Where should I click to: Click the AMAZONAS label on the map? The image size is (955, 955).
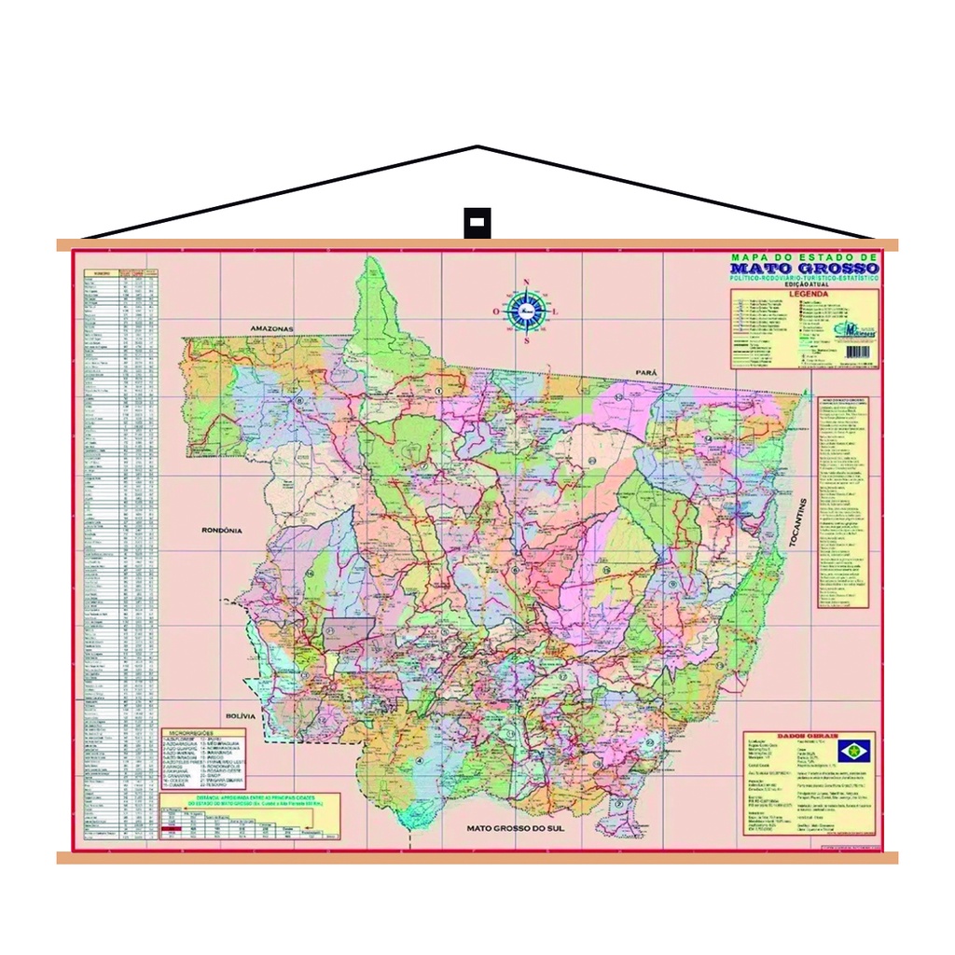click(x=271, y=329)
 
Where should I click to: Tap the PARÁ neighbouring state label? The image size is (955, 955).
click(x=646, y=372)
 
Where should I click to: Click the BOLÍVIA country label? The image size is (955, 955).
click(x=240, y=715)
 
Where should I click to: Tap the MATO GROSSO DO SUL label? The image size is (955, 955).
click(x=517, y=827)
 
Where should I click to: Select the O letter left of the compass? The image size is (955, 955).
click(x=496, y=311)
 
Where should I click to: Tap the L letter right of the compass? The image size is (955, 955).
click(x=556, y=311)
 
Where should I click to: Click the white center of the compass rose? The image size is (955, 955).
click(x=526, y=311)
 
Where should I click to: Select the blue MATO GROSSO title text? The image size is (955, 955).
click(x=804, y=269)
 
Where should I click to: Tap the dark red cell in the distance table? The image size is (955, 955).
click(x=171, y=828)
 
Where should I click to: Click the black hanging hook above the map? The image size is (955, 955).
click(x=477, y=224)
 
